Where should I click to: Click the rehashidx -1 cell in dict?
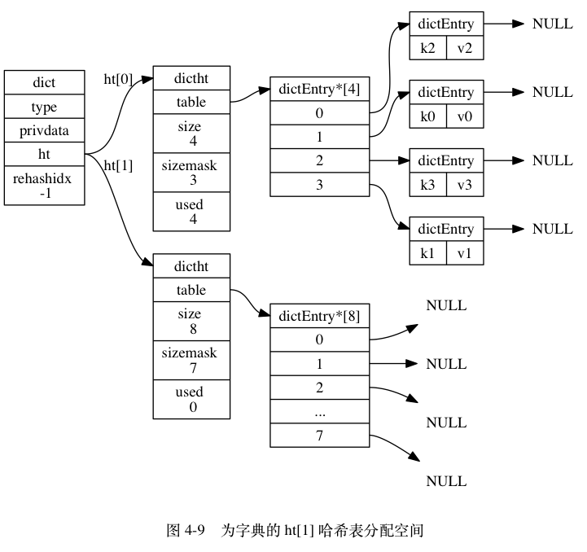pos(44,186)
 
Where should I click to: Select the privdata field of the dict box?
pos(44,130)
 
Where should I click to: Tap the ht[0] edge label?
pos(118,80)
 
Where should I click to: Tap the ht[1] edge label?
pos(118,165)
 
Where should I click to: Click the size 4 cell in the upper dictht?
pos(191,134)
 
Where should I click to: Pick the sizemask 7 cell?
pos(191,360)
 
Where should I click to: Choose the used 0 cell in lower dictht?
pos(191,399)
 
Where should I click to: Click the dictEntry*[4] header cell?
pos(320,89)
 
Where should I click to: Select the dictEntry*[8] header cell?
pos(320,316)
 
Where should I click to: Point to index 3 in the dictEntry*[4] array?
pos(320,185)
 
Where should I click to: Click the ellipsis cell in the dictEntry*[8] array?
pos(320,412)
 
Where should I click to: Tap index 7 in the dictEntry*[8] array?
pos(320,435)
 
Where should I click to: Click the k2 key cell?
pos(428,48)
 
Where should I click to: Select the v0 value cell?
pos(465,116)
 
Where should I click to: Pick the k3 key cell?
pos(428,185)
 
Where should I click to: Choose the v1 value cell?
pos(465,253)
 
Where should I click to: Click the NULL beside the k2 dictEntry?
pos(553,24)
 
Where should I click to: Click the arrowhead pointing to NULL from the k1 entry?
pos(518,229)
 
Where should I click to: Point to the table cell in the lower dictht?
pos(191,290)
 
